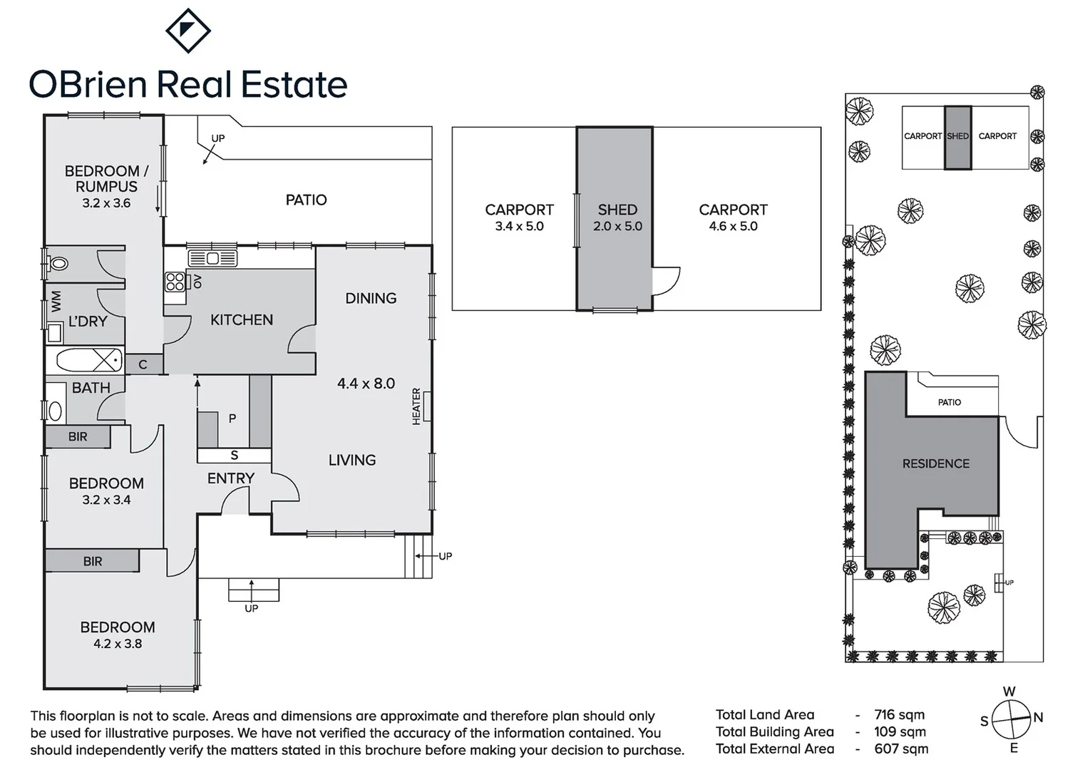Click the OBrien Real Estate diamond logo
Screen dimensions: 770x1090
[187, 31]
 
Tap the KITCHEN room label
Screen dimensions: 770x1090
[241, 320]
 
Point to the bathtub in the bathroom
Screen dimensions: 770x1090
[88, 360]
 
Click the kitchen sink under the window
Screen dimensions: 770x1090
[212, 258]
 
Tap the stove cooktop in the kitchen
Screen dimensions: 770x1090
[175, 282]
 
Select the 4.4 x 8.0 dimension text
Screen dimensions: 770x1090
[366, 384]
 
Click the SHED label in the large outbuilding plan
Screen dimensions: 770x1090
[617, 210]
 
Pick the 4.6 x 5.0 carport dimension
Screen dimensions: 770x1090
[733, 227]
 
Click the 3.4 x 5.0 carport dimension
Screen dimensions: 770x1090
[519, 227]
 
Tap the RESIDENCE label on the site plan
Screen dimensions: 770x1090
[935, 463]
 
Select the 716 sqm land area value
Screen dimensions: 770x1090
[899, 714]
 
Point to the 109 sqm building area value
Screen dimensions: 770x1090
[900, 731]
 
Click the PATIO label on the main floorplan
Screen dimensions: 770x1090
[306, 200]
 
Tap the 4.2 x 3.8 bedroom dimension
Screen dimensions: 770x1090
[118, 644]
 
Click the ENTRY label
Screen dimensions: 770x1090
[230, 478]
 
